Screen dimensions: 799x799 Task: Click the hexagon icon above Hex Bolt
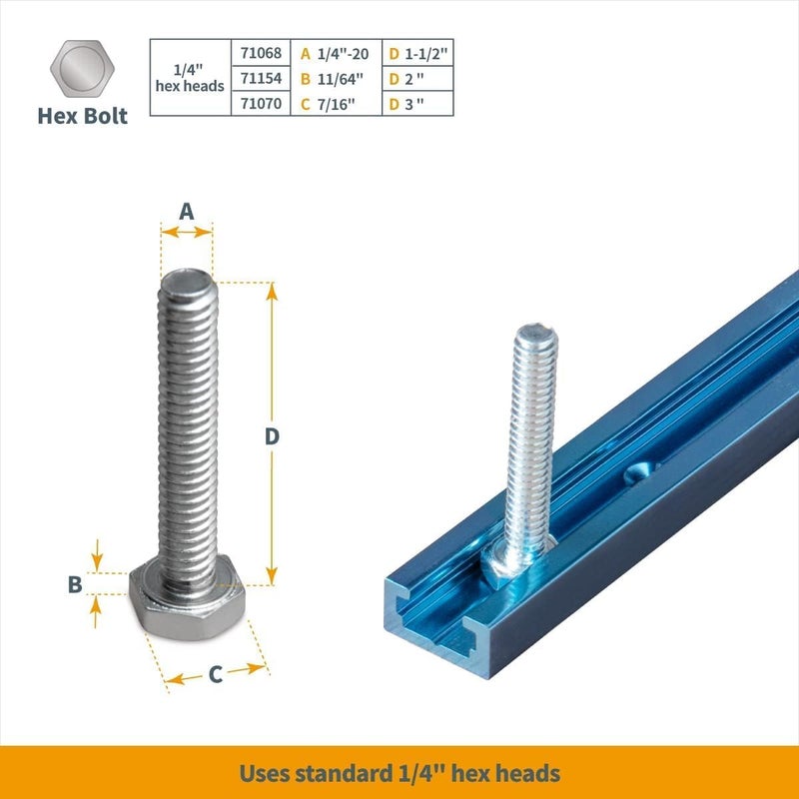(x=83, y=70)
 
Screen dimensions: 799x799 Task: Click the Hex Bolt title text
(x=83, y=116)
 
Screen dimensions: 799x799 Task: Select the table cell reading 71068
(x=262, y=53)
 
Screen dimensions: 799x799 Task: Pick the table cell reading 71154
(x=262, y=78)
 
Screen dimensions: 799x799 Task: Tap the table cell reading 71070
(x=262, y=103)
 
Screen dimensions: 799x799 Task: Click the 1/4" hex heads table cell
(x=190, y=78)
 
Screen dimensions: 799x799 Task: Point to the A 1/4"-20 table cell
(x=338, y=53)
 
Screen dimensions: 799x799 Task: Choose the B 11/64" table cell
(x=338, y=78)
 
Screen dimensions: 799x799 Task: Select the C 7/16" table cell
(x=338, y=103)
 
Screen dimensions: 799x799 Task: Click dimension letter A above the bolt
(x=186, y=211)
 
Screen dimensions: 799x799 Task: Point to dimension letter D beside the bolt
(x=271, y=436)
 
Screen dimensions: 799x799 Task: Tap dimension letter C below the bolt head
(x=215, y=674)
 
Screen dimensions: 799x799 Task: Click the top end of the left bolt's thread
(x=186, y=283)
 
